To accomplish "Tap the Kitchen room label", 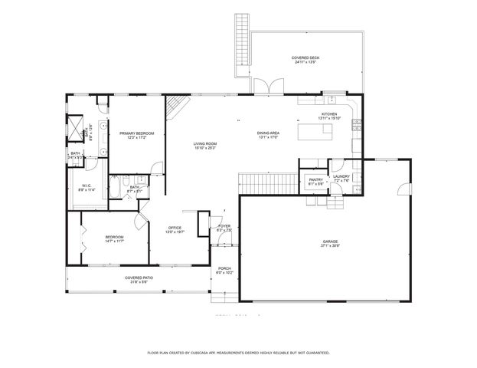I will tap(328, 114).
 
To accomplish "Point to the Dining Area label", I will tap(268, 134).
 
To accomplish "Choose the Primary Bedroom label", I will tap(136, 133).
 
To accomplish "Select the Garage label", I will tap(330, 242).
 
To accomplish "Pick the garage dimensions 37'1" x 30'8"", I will tap(330, 246).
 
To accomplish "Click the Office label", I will tap(175, 228).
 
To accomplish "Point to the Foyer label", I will tap(224, 226).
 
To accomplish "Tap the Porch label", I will tap(224, 268).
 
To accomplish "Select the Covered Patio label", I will tap(136, 278).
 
